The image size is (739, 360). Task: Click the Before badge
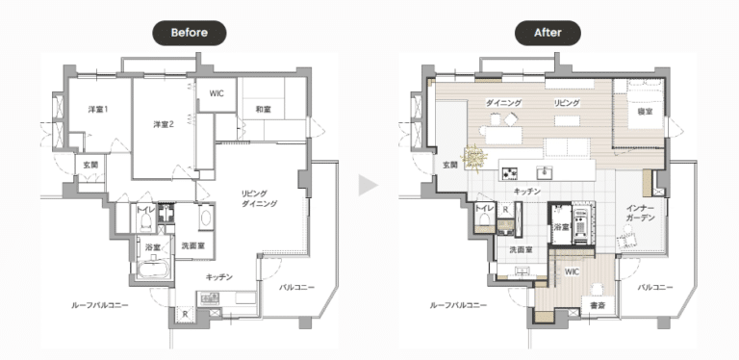pyautogui.click(x=189, y=33)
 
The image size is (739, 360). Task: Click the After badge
pyautogui.click(x=548, y=33)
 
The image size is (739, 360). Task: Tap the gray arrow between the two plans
pyautogui.click(x=368, y=185)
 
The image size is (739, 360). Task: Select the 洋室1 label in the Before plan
pyautogui.click(x=98, y=110)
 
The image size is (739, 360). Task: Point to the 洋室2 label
pyautogui.click(x=164, y=124)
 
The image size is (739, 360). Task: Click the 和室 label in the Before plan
pyautogui.click(x=263, y=110)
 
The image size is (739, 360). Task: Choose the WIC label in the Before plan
pyautogui.click(x=217, y=93)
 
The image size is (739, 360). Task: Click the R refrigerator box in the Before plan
pyautogui.click(x=185, y=315)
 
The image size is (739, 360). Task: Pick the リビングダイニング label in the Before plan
pyautogui.click(x=259, y=198)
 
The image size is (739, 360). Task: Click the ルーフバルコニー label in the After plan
pyautogui.click(x=458, y=305)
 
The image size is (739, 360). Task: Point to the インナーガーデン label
pyautogui.click(x=641, y=213)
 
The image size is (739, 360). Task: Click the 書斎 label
pyautogui.click(x=598, y=306)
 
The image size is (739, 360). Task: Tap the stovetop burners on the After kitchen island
pyautogui.click(x=510, y=173)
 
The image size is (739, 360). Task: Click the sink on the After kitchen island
pyautogui.click(x=546, y=172)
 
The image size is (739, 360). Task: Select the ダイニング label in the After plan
pyautogui.click(x=504, y=103)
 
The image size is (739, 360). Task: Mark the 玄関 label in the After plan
pyautogui.click(x=450, y=165)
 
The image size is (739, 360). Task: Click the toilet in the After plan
pyautogui.click(x=484, y=219)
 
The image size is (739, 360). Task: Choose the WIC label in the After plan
pyautogui.click(x=572, y=271)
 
